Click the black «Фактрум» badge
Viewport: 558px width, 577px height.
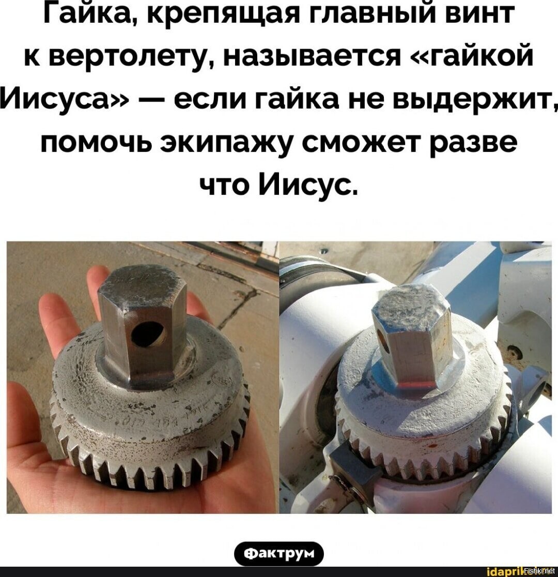279,554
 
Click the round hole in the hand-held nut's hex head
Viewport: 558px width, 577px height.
148,337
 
